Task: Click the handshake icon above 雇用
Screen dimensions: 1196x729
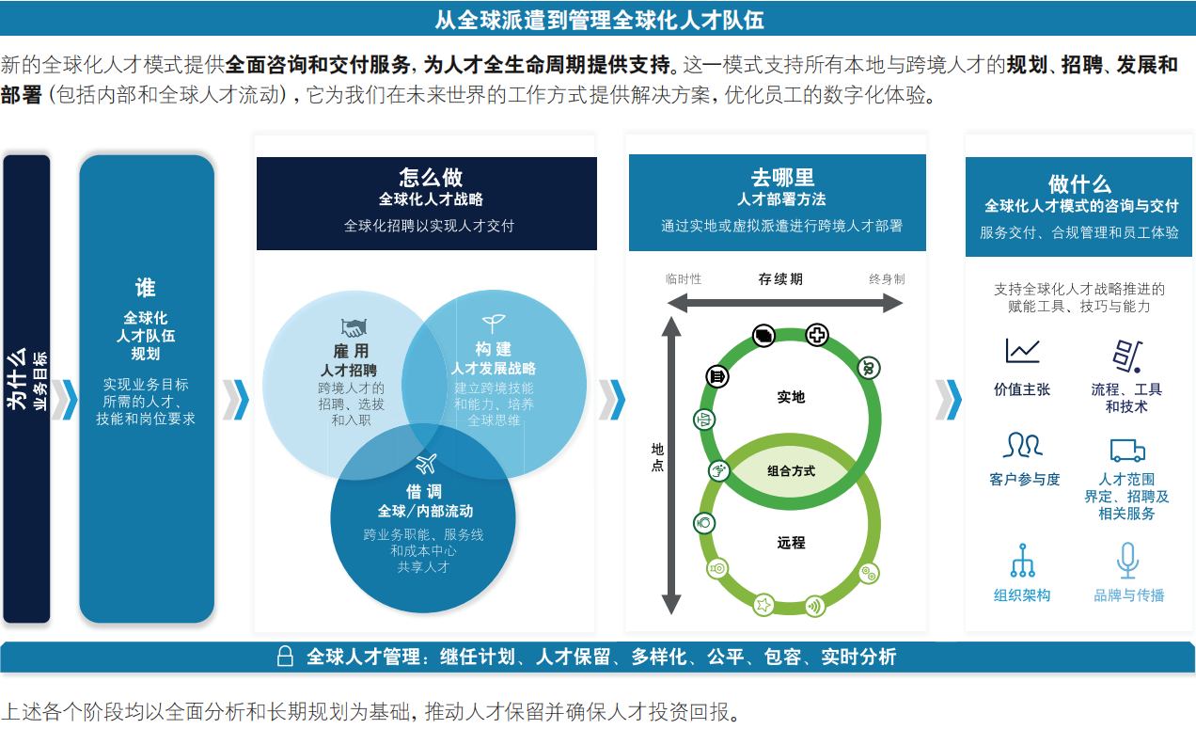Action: (354, 327)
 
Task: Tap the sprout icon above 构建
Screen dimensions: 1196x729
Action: (494, 323)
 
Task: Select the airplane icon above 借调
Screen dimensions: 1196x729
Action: (426, 464)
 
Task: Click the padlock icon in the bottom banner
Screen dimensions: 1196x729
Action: (285, 657)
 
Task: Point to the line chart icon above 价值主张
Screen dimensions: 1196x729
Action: (1022, 351)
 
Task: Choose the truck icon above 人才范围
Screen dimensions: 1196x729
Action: (1127, 451)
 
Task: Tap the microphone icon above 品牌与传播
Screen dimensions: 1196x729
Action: (1127, 561)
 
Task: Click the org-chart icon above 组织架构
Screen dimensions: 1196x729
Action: (1022, 561)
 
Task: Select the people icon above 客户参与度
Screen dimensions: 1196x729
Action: (1022, 445)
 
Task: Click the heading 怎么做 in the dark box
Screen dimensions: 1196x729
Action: (431, 177)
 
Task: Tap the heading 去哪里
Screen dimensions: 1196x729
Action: (782, 177)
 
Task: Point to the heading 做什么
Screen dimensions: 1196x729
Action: (1079, 184)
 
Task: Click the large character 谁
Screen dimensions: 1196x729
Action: (145, 288)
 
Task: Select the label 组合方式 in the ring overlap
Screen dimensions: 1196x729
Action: (791, 471)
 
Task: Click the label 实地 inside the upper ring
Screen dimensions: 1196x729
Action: (791, 397)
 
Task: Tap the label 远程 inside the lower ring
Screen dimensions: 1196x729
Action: (791, 543)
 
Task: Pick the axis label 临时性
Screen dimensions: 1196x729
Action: (684, 278)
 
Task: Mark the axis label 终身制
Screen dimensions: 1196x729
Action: (887, 278)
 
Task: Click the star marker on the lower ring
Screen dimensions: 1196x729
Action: (763, 605)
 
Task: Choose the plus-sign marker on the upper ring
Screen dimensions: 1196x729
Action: (817, 336)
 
